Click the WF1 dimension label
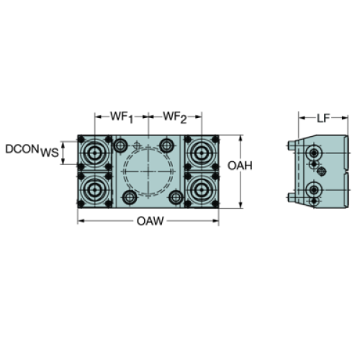pos(122,117)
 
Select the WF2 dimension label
pos(175,117)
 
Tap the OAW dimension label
pos(150,221)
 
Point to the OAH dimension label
pos(240,166)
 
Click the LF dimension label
pos(323,118)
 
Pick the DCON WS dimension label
pos(32,150)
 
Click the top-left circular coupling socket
pos(95,153)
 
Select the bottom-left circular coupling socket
pos(95,190)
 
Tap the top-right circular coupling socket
pos(201,153)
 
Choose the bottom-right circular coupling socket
pos(201,190)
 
